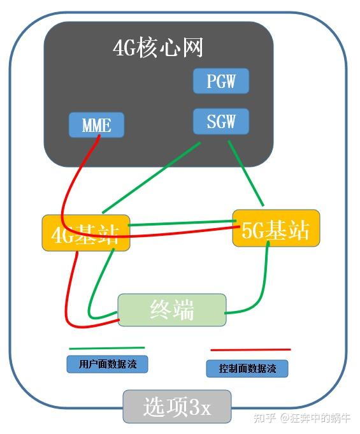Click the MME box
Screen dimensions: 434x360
[96, 125]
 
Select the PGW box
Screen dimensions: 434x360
[220, 82]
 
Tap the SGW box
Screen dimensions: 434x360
[220, 121]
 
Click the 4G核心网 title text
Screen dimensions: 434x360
[158, 48]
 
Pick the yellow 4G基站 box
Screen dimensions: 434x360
[85, 233]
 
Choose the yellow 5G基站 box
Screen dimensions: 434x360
[275, 228]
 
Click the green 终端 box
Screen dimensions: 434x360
[172, 310]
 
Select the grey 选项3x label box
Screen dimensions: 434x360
[176, 406]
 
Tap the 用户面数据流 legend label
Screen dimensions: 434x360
[107, 364]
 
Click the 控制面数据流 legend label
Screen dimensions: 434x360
[247, 368]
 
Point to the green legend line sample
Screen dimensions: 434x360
[106, 349]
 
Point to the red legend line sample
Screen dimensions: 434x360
[250, 350]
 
